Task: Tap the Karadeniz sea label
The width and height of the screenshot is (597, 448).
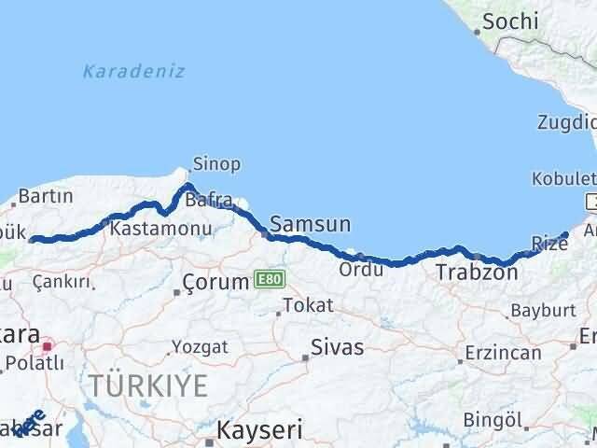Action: [133, 71]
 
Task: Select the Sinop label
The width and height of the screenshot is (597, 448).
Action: [216, 164]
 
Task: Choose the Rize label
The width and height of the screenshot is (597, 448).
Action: [548, 245]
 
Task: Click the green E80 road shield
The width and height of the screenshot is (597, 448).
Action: [268, 279]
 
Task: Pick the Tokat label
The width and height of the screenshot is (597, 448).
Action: [307, 304]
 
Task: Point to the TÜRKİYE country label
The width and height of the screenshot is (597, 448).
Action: [148, 385]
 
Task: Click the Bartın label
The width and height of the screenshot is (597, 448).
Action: [45, 197]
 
